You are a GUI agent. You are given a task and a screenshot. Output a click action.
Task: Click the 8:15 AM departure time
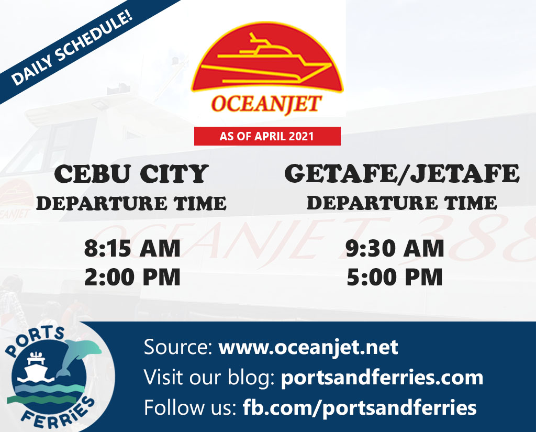coord(132,248)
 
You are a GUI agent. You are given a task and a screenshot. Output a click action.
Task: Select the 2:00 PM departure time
coord(132,277)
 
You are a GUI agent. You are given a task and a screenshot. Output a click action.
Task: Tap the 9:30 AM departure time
coord(395,248)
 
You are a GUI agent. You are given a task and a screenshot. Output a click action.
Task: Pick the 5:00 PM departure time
coord(395,277)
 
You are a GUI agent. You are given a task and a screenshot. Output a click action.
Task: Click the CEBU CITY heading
coord(131,174)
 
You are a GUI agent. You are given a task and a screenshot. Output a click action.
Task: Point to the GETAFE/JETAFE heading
coord(402,173)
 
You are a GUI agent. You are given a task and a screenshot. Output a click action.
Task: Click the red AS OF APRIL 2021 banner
coord(267,136)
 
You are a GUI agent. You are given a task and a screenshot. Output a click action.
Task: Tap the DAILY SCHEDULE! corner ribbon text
coord(72,49)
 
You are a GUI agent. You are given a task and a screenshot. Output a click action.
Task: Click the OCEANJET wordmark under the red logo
coord(266,104)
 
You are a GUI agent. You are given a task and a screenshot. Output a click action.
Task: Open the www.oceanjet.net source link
coord(308,348)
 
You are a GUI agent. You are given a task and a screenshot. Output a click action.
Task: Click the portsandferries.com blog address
coord(382,378)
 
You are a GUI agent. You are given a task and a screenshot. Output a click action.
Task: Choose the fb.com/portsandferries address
coord(360,408)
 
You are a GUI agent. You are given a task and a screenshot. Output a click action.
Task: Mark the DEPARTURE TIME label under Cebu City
coord(131,204)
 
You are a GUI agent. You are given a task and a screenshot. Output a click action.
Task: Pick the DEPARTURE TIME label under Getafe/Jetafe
coord(401,203)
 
